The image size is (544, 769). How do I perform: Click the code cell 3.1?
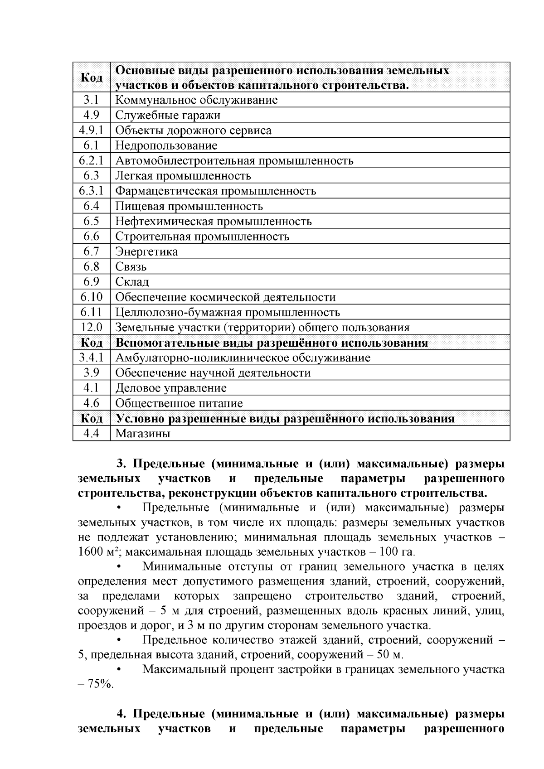point(91,100)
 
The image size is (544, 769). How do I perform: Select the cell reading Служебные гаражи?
point(168,115)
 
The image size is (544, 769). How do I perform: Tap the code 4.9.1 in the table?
point(91,131)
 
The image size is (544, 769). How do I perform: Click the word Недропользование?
point(166,145)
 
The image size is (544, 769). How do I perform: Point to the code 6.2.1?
point(91,161)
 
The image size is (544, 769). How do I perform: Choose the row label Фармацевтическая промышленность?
point(215,191)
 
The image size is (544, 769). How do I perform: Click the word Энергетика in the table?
point(146,251)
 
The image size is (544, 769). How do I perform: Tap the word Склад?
point(132,282)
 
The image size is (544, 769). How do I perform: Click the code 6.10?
point(91,297)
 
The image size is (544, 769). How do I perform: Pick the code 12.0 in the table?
point(91,328)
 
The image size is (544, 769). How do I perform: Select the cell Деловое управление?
point(170,388)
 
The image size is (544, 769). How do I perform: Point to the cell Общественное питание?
point(179,403)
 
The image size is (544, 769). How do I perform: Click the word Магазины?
point(142,434)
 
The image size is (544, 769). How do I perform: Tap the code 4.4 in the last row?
point(91,434)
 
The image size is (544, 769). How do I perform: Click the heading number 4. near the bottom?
point(121,714)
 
